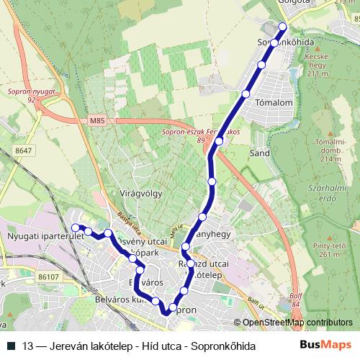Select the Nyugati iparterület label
36,235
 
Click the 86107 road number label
50,276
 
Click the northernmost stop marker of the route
282,27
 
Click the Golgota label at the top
293,3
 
